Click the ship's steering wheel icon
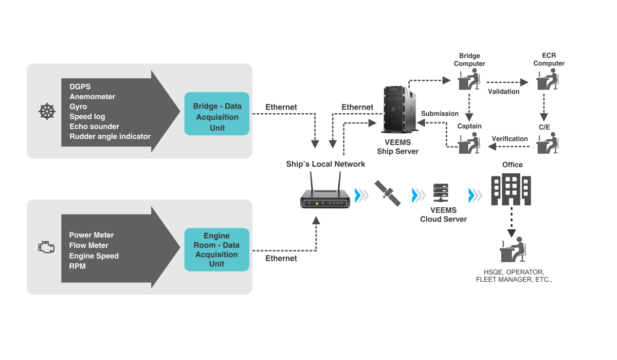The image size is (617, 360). coord(47,112)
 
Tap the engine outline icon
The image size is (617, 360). coord(46,247)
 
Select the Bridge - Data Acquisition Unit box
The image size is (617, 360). coord(217,114)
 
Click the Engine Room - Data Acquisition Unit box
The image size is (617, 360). coord(217,249)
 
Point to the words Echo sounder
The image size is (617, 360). coord(94,127)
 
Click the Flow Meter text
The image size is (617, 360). coord(88,245)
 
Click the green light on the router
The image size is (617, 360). coord(317,204)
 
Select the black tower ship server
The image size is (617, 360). coord(400,110)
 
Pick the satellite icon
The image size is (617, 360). coord(388,193)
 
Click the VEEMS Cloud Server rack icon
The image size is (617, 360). coord(441,193)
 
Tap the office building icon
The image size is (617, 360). coord(511,189)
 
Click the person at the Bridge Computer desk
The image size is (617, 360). coord(469,79)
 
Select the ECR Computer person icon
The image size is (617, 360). coord(548,79)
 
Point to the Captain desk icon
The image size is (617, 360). coord(469,143)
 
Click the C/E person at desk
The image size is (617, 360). coord(548,143)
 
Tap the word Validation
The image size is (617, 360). coord(503,92)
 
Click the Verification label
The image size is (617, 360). coord(510,138)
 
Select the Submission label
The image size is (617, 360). coord(440,114)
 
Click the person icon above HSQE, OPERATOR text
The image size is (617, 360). coord(513,249)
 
